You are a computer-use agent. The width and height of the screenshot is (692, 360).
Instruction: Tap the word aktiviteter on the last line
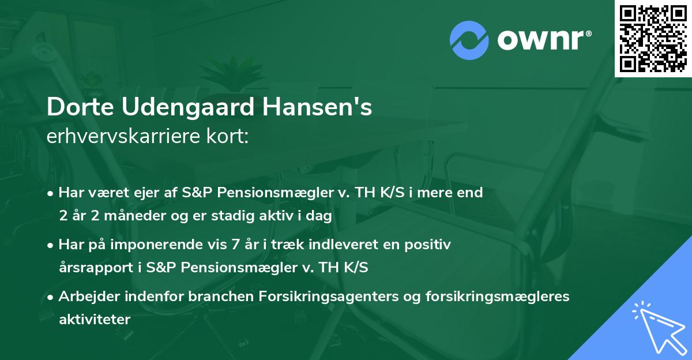(x=95, y=318)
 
